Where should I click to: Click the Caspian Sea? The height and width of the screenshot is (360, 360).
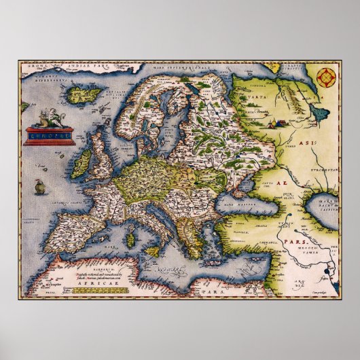[x=323, y=203]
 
